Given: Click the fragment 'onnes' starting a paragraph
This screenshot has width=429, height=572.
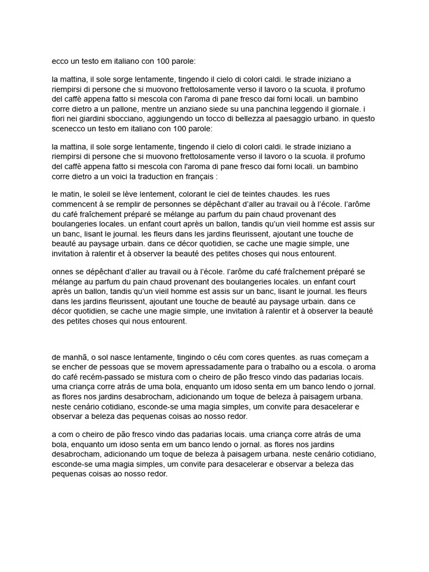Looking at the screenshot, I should (x=63, y=271).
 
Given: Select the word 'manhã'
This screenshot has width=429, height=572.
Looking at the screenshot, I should (x=76, y=357).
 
